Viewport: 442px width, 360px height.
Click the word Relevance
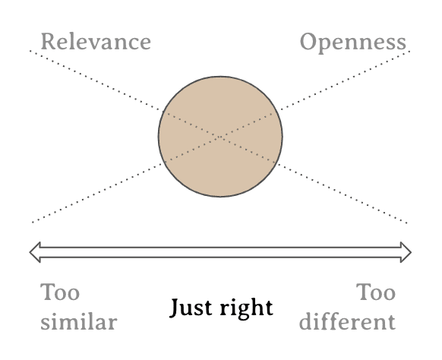(96, 42)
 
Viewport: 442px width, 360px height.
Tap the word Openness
(353, 43)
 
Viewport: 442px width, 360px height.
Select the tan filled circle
(220, 137)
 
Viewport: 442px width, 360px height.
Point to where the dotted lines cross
(220, 137)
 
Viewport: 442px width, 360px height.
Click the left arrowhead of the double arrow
(35, 252)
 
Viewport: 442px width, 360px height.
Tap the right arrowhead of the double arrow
(406, 252)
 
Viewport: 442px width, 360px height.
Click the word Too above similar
(60, 292)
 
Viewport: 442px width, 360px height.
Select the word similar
(79, 322)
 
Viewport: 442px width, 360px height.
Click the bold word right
(246, 308)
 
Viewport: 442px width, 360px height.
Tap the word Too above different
(376, 292)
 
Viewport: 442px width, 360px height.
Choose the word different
(347, 321)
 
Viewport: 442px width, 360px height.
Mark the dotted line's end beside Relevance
(30, 51)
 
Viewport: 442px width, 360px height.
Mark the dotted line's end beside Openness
(409, 52)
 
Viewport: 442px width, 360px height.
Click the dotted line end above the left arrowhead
(33, 223)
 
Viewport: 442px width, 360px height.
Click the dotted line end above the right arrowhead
(407, 223)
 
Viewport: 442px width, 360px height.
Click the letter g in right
(244, 311)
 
